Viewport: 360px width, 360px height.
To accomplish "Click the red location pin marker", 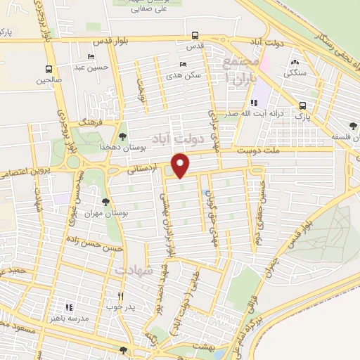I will coord(181,167).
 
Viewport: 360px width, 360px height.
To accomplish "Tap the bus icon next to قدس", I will coord(195,36).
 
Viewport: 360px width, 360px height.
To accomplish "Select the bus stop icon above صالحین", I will coord(49,70).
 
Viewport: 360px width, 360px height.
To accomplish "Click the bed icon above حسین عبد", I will coord(90,57).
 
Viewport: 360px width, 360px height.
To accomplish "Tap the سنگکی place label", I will coord(295,72).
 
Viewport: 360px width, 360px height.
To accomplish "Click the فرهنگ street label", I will coord(91,122).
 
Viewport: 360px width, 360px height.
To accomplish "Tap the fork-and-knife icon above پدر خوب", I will coord(120,296).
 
